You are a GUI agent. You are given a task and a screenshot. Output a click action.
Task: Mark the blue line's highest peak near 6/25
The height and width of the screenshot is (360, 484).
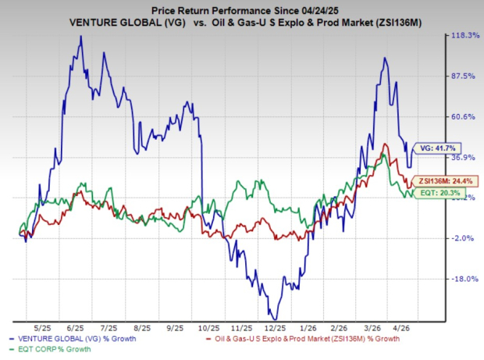pyautogui.click(x=80, y=36)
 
